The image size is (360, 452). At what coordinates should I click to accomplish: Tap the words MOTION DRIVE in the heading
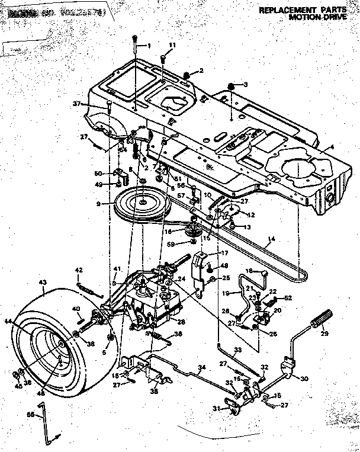[x=320, y=18]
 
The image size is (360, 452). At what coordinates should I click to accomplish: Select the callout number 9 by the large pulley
[x=107, y=205]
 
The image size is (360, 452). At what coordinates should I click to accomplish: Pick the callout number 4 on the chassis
[x=332, y=147]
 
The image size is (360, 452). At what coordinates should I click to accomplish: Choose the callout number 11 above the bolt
[x=172, y=46]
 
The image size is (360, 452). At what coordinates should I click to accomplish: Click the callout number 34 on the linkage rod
[x=202, y=368]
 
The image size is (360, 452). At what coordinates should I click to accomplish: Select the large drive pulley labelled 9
[x=142, y=204]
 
